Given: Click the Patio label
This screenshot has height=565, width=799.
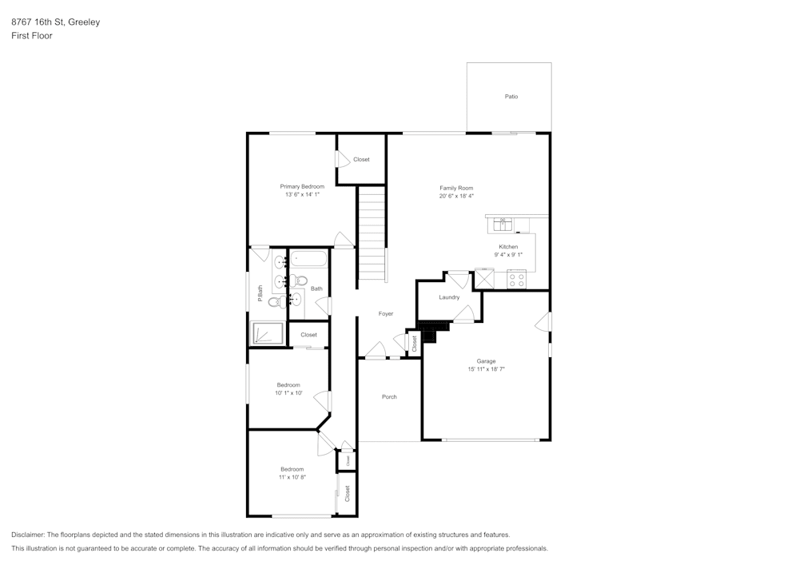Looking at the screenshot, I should pos(511,97).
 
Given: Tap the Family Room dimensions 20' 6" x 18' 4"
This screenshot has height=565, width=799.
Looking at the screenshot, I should pos(456,196).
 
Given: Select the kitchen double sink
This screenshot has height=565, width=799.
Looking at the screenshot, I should pos(504,221).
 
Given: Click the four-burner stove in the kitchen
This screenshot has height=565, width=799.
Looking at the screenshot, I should pos(516,280).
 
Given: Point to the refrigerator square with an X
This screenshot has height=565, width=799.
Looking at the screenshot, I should pos(484,278).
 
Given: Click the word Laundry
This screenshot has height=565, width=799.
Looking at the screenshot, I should pos(449,297).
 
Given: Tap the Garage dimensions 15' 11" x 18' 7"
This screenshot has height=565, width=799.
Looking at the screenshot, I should pos(486,369).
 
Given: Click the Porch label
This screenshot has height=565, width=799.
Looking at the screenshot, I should pos(389,397).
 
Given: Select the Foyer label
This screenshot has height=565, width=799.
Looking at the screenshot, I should pos(386,314).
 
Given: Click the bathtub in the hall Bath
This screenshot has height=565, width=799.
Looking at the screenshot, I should pos(308,259).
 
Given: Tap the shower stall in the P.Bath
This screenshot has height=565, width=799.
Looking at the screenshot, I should pos(268,333).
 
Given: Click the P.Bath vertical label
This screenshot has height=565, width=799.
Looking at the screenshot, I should pos(260,294).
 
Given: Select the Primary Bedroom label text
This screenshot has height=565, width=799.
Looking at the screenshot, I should pos(302,186).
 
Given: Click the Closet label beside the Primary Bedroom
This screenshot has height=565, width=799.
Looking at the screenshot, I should pos(361,160).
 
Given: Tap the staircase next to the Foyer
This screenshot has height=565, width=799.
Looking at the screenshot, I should pos(371,232).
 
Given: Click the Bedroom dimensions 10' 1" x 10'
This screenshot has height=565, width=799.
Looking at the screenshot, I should pos(288,393).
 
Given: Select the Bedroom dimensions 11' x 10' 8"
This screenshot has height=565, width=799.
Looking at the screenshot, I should pos(292,477).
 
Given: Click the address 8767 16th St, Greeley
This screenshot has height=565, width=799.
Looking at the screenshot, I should pos(55,22).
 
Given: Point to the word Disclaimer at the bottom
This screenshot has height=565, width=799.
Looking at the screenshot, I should pos(28,535).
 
